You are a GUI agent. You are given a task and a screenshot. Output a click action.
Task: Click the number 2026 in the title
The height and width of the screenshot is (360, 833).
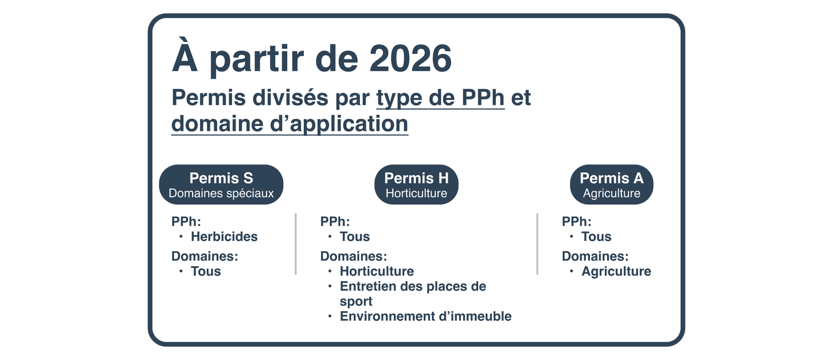tap(410, 58)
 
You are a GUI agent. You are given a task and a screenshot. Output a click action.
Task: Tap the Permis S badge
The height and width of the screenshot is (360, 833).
tap(221, 184)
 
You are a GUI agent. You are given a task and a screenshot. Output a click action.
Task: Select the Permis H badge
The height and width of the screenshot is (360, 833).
tap(416, 184)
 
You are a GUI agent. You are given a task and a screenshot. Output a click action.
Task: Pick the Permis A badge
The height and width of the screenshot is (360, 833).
tap(611, 184)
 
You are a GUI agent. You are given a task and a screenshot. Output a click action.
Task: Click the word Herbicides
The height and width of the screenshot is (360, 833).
tap(224, 237)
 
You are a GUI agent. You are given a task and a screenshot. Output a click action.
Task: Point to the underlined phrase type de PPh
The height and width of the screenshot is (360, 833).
tap(440, 98)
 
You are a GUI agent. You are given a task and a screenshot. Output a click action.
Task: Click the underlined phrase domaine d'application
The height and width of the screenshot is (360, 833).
tap(290, 123)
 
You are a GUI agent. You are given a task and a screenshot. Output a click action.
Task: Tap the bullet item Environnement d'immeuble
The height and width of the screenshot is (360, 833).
tap(425, 316)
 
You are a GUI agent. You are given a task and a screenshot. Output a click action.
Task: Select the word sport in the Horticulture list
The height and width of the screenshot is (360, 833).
tap(356, 301)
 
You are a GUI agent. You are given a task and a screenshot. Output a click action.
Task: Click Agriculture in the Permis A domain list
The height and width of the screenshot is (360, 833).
tap(616, 271)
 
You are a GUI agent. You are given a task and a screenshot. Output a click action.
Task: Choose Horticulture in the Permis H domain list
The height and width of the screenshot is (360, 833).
tap(377, 271)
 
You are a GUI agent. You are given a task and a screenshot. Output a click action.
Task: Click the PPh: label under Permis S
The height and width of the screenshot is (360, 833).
tap(186, 222)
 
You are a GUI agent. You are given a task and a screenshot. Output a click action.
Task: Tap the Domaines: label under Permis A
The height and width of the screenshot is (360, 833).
tap(595, 256)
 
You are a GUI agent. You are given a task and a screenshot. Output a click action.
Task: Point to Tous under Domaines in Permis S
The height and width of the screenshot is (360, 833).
tap(205, 271)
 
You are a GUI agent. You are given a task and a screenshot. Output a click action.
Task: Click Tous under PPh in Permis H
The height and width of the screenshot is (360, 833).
tap(355, 237)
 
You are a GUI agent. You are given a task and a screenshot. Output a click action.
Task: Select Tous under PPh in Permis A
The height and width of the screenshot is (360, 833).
tap(596, 237)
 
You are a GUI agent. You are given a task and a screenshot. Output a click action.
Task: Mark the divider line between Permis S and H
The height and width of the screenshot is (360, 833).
tap(295, 244)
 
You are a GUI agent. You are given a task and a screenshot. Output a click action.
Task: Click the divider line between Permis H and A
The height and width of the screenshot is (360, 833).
tap(538, 244)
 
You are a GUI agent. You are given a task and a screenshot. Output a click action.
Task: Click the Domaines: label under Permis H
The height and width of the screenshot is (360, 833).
tap(353, 256)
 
